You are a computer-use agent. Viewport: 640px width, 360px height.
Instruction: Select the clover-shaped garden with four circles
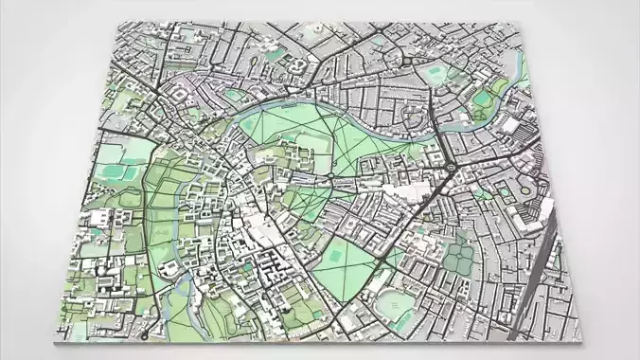pos(460,255)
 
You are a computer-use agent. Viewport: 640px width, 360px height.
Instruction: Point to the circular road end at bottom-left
pos(142,334)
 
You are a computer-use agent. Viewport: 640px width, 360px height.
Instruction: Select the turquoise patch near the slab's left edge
pos(111,172)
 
